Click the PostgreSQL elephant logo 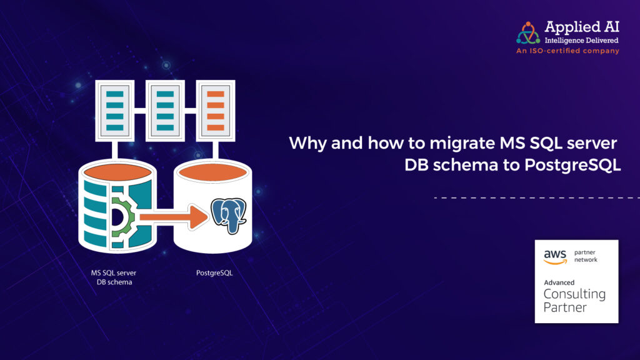pyautogui.click(x=229, y=216)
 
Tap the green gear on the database pyautogui.click(x=122, y=217)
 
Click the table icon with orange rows pyautogui.click(x=216, y=111)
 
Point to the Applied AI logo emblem pyautogui.click(x=528, y=33)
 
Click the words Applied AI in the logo pyautogui.click(x=582, y=27)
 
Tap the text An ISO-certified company pyautogui.click(x=567, y=51)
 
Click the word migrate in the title pyautogui.click(x=462, y=144)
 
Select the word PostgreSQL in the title pyautogui.click(x=572, y=165)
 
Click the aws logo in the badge pyautogui.click(x=555, y=257)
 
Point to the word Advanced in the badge pyautogui.click(x=559, y=282)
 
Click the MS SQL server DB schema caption pyautogui.click(x=114, y=277)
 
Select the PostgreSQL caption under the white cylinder pyautogui.click(x=214, y=272)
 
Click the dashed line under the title pyautogui.click(x=537, y=197)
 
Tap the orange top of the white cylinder pyautogui.click(x=213, y=172)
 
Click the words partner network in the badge pyautogui.click(x=586, y=256)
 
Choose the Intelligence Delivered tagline pyautogui.click(x=581, y=41)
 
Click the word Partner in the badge pyautogui.click(x=565, y=307)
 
